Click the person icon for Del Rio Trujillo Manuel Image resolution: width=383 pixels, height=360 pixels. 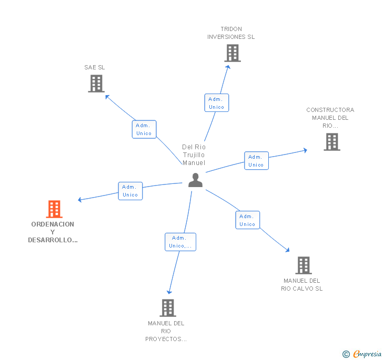(195, 180)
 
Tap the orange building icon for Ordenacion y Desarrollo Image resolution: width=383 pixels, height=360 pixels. (54, 209)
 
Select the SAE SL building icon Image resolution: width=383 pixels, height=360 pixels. (96, 84)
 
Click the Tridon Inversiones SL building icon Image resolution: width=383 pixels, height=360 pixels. (232, 53)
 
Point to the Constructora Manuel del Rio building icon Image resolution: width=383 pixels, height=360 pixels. (331, 142)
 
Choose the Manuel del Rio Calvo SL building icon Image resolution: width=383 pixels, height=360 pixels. (303, 265)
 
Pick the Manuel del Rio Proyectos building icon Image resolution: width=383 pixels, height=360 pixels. (167, 308)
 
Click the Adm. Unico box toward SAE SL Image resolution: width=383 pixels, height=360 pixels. (144, 129)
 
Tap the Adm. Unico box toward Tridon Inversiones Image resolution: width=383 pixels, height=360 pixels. (216, 103)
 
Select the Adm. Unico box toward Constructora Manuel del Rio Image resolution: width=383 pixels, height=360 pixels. (256, 161)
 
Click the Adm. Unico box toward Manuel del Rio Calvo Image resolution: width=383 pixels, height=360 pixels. (247, 220)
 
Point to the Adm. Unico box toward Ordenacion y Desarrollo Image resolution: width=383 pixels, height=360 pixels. (130, 191)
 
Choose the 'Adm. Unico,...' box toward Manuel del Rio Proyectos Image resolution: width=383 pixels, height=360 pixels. (180, 242)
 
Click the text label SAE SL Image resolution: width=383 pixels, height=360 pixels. (95, 67)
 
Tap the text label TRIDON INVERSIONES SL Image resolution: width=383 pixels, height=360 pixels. (231, 33)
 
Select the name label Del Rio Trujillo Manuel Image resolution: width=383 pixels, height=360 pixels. (194, 155)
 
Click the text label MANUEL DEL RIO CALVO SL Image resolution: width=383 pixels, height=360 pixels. (302, 285)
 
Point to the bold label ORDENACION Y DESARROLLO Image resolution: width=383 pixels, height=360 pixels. (53, 232)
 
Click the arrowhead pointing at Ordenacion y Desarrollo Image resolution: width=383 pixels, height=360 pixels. (79, 200)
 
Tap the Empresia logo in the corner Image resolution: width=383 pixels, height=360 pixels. (362, 354)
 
